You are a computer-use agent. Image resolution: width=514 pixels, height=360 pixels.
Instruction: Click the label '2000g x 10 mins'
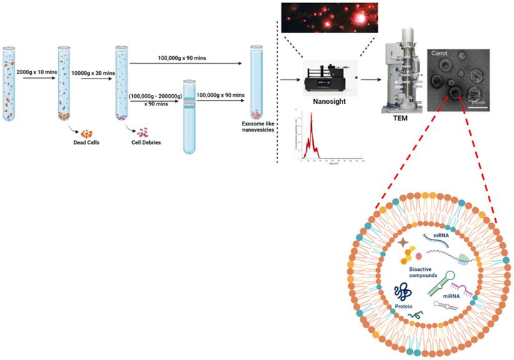(x=36, y=64)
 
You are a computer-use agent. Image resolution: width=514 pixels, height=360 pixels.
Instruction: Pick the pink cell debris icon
(x=143, y=132)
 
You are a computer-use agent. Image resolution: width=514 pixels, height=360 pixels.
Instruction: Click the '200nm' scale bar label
(x=478, y=101)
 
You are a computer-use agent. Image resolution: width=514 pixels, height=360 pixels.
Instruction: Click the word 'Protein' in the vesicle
(x=404, y=306)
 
